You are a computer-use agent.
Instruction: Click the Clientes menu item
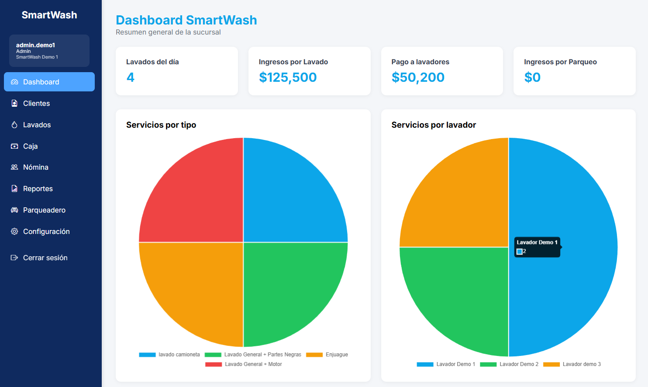tap(36, 104)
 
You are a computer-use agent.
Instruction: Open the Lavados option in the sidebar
tap(37, 125)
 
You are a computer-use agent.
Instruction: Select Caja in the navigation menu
tap(30, 146)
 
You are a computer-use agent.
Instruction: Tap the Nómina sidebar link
tap(35, 167)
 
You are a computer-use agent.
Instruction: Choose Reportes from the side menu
tap(38, 189)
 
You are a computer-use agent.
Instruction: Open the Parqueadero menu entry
tap(44, 210)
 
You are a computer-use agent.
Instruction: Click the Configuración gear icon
tap(14, 231)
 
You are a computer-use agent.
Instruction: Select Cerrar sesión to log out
tap(45, 258)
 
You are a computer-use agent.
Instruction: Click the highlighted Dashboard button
tap(49, 82)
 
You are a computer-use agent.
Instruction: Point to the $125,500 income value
tap(288, 77)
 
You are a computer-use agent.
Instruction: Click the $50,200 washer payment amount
tap(418, 77)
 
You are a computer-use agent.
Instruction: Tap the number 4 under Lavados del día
tap(131, 77)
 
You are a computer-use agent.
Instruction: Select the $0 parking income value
tap(532, 77)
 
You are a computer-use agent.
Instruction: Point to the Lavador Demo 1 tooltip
tap(537, 247)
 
